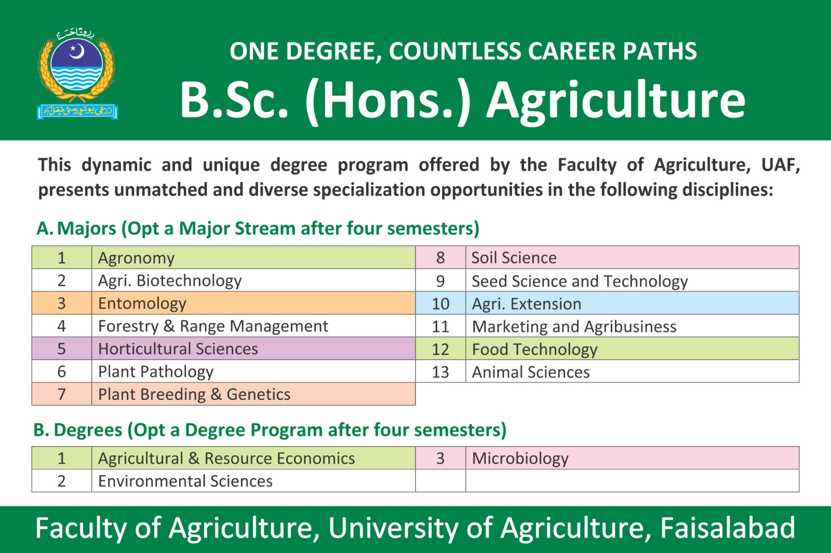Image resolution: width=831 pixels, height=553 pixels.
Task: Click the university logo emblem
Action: (77, 74)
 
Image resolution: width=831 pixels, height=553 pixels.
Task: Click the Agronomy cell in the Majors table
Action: (253, 257)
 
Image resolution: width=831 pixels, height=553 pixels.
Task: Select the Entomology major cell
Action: (253, 303)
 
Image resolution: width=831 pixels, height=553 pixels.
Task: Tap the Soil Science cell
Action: (632, 257)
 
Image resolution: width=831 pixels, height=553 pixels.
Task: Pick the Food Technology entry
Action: (632, 349)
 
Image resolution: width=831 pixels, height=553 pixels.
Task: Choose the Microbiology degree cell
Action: (632, 458)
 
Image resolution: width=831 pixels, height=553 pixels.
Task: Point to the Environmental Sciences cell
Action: (253, 481)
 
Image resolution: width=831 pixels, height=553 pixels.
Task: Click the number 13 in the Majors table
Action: (440, 372)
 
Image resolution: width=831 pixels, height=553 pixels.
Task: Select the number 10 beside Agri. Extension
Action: (440, 303)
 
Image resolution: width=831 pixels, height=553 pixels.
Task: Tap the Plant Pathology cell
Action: (253, 371)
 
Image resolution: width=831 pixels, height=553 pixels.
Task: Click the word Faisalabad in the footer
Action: (728, 528)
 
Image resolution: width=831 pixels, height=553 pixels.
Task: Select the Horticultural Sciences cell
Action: (253, 349)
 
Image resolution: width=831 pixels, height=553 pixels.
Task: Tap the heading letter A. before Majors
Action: (45, 228)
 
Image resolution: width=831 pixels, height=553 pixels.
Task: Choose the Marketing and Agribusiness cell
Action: (632, 326)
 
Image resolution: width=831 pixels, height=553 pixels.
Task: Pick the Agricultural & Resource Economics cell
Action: (253, 458)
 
